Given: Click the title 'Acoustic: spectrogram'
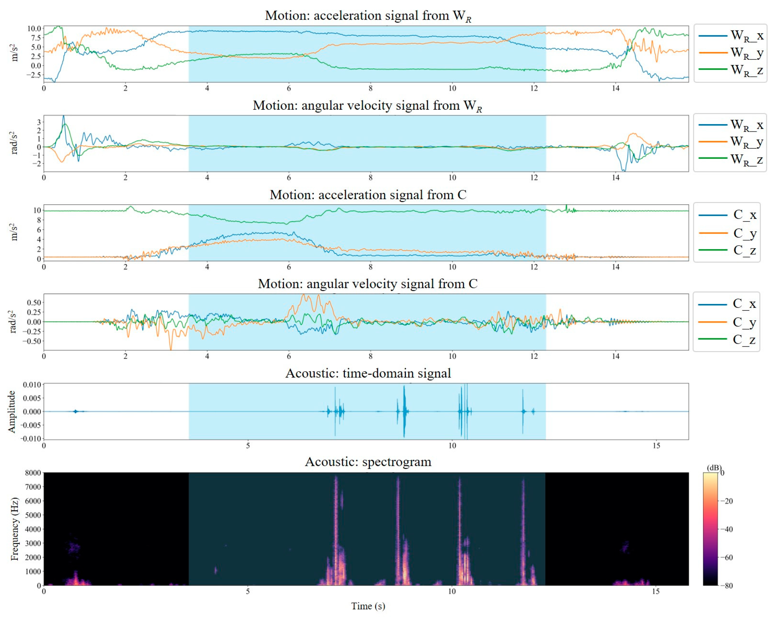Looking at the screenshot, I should (x=368, y=462).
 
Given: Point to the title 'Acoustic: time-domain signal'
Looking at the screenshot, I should (x=368, y=373).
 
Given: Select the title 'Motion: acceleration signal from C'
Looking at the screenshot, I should (x=368, y=195).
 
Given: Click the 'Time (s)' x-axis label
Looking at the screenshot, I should (x=368, y=606).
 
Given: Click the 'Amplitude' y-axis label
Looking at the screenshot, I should (x=12, y=411).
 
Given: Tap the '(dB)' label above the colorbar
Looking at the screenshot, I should (x=713, y=468).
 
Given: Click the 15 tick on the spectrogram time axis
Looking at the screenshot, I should (x=656, y=591).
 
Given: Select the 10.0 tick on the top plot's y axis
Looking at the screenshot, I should (x=34, y=28).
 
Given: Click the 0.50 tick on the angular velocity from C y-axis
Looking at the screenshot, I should (x=34, y=302).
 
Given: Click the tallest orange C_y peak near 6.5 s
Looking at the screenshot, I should (x=304, y=295).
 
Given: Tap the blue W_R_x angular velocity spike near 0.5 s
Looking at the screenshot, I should (x=64, y=116).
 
